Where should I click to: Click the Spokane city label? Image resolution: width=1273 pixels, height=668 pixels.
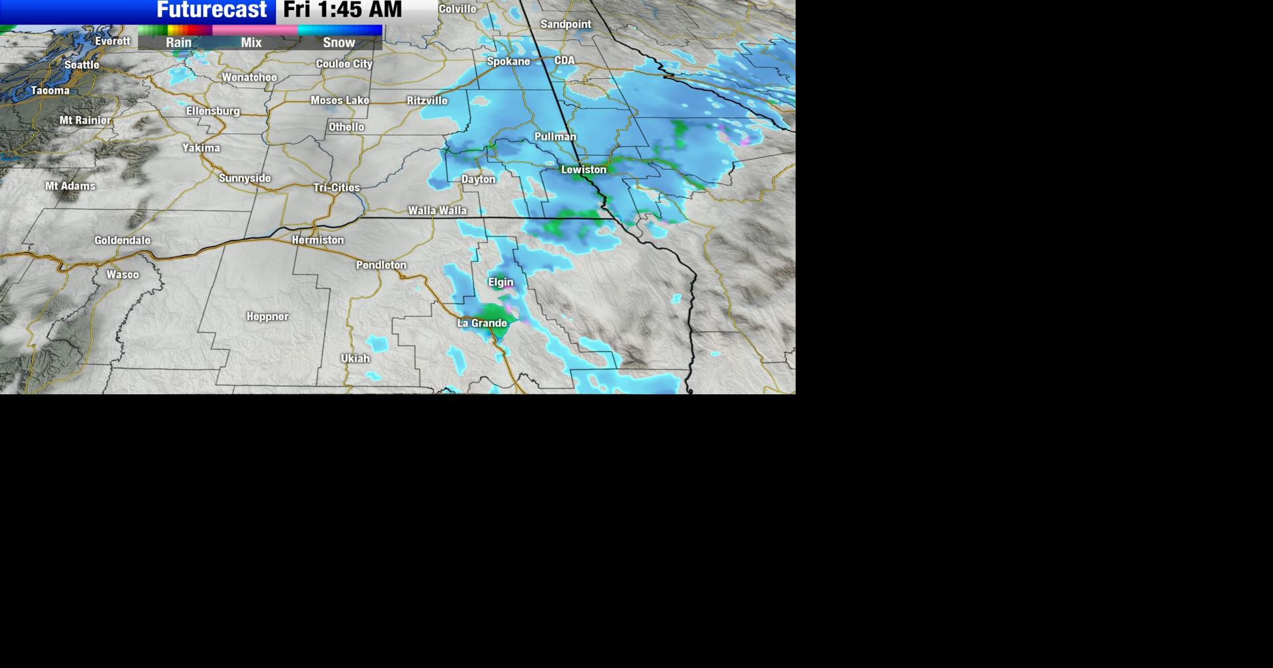click(x=509, y=62)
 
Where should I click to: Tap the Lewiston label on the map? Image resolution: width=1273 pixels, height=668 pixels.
click(x=583, y=170)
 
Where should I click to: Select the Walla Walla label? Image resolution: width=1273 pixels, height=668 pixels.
click(x=437, y=211)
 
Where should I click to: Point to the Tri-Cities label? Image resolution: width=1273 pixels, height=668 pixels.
click(x=336, y=188)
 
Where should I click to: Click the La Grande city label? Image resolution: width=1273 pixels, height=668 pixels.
click(x=482, y=323)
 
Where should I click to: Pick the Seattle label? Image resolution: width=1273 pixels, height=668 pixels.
click(x=82, y=65)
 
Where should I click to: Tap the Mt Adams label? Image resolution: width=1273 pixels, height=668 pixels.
click(x=70, y=186)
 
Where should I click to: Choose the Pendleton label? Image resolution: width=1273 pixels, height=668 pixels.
click(x=381, y=265)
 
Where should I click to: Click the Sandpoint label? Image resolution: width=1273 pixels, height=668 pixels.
click(x=566, y=25)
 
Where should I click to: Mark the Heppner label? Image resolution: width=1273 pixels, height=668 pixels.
click(x=267, y=317)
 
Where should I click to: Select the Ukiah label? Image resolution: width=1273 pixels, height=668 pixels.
click(x=355, y=359)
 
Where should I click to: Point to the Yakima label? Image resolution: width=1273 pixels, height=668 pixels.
click(x=201, y=148)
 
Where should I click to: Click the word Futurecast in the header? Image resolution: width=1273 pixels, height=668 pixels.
click(x=212, y=10)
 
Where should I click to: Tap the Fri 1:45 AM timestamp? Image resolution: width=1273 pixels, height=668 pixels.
click(x=342, y=10)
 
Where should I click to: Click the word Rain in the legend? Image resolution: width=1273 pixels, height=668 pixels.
click(x=178, y=42)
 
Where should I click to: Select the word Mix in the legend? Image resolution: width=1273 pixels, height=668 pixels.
click(x=251, y=42)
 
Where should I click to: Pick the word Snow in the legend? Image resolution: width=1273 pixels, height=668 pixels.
click(x=339, y=42)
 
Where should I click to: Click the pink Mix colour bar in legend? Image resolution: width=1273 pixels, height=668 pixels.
click(x=255, y=30)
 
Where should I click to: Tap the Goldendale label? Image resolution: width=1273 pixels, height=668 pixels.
click(x=122, y=241)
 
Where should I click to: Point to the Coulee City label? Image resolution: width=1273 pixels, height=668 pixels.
click(x=344, y=64)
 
